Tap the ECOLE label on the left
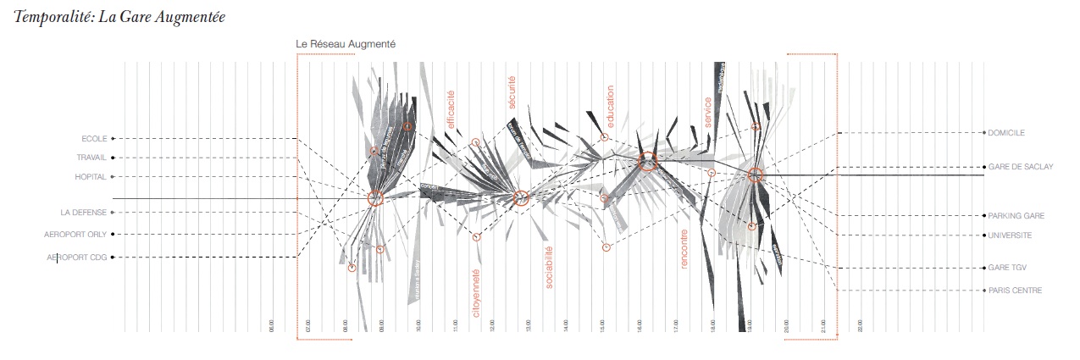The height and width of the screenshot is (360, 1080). click(x=93, y=138)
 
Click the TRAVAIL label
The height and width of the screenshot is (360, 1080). click(x=91, y=158)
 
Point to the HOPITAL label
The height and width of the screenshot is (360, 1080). click(x=91, y=177)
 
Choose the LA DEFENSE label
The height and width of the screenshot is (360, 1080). click(x=83, y=212)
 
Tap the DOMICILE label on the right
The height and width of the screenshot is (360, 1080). click(x=1006, y=133)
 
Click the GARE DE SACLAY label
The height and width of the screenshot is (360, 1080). click(x=1020, y=167)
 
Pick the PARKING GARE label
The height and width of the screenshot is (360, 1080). click(x=1014, y=216)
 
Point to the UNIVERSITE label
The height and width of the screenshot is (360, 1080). click(x=1010, y=235)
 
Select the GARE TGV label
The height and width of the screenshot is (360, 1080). click(x=1006, y=268)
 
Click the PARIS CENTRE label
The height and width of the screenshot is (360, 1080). click(x=1014, y=291)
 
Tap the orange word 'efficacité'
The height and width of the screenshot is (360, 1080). click(x=451, y=110)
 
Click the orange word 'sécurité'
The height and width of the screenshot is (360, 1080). click(x=512, y=92)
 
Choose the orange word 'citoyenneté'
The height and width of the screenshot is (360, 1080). click(x=476, y=293)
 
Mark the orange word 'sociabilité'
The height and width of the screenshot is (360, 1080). click(x=549, y=267)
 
